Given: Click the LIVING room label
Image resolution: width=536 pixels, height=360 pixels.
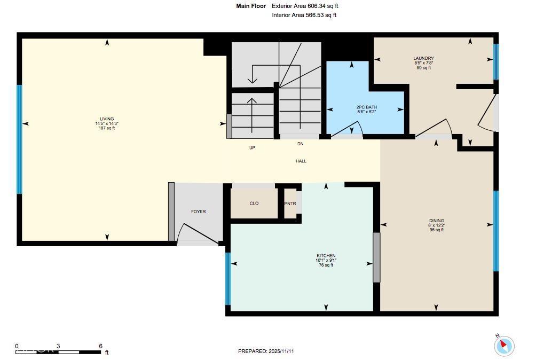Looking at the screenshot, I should pos(107,119).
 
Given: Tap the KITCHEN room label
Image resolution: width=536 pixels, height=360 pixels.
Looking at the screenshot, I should pos(326,256).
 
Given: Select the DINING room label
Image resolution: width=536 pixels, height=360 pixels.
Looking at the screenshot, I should pos(436,221).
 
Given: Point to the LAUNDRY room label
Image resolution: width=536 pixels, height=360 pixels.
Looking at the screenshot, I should pos(423,58).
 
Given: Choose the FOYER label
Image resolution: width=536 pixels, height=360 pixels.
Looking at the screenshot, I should pos(198,212).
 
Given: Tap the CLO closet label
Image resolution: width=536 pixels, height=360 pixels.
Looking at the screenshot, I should pos(254,203).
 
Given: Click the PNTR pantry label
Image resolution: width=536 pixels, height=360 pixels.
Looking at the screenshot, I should pos(290,204).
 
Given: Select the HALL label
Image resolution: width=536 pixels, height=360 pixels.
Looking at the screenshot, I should pos(301,161).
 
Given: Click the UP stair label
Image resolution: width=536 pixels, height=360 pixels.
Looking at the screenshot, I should pos(252,148).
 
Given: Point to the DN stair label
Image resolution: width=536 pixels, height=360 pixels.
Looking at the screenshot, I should pos(301,144).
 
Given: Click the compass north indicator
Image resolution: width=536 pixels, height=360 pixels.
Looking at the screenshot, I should pos(503,345).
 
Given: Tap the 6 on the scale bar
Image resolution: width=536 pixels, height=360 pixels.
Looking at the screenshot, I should pos(100,346).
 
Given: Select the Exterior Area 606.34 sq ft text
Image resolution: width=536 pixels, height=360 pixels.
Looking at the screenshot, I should pos(305,6).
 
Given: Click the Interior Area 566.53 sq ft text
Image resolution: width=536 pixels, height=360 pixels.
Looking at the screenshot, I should pos(304,15).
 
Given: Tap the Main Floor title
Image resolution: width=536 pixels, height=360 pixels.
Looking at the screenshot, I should pos(251,6).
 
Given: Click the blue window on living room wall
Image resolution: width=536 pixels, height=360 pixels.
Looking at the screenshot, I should pos(20,139).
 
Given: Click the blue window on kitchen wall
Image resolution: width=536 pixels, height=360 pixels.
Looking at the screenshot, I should pos(228,278).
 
